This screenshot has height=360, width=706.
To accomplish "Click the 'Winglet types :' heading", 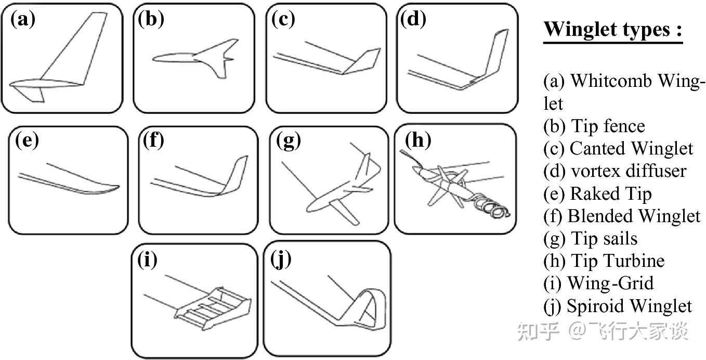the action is click(x=613, y=30).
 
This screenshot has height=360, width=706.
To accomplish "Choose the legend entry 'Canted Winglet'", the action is click(x=632, y=148).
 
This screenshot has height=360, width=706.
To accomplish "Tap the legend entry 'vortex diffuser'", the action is click(x=629, y=171).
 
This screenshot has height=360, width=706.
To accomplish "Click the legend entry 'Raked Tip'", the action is click(x=611, y=194).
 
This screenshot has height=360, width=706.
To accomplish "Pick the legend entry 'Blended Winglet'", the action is click(x=634, y=216).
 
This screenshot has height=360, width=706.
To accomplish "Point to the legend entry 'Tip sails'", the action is click(x=604, y=238).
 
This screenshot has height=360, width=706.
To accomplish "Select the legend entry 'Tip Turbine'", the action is click(x=618, y=261).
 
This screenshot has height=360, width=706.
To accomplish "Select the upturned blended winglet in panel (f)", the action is click(x=237, y=175).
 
